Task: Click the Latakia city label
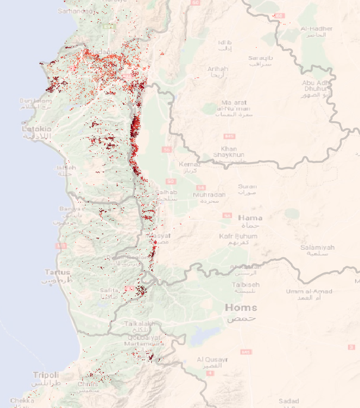pos(37,129)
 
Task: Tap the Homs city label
pos(241,308)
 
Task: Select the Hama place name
pos(250,218)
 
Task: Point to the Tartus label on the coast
pos(57,273)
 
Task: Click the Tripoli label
pos(46,375)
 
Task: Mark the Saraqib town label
pos(260,58)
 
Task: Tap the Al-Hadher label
pos(317,29)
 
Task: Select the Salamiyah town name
pos(317,247)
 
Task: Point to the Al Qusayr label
pos(212,360)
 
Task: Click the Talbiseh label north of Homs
pos(245,285)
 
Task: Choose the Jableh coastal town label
pos(65,168)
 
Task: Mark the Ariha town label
pos(218,69)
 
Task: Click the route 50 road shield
pos(171,181)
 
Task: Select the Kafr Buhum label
pos(238,236)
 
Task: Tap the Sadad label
pos(289,401)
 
